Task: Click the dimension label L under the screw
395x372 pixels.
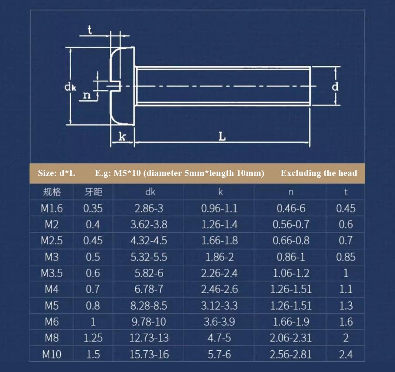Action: point(222,136)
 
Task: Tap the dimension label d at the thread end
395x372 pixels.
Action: point(335,86)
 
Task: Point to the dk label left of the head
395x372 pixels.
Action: point(70,87)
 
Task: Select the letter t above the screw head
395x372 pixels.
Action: point(89,30)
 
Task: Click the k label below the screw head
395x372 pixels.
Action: point(122,136)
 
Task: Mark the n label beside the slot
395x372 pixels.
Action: point(87,95)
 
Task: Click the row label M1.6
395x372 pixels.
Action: point(52,208)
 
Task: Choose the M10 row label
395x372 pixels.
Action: point(52,355)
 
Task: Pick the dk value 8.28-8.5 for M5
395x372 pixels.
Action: point(149,306)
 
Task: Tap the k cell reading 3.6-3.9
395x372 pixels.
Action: point(220,322)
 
